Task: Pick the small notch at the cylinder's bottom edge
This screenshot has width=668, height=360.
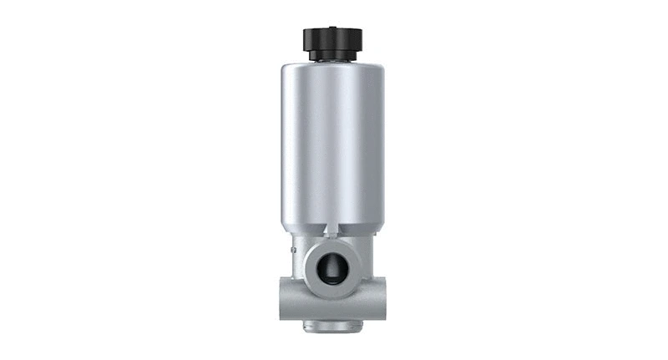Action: [x=329, y=228]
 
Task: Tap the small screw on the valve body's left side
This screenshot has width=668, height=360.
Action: [x=292, y=249]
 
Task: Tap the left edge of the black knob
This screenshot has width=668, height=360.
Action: [x=304, y=39]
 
